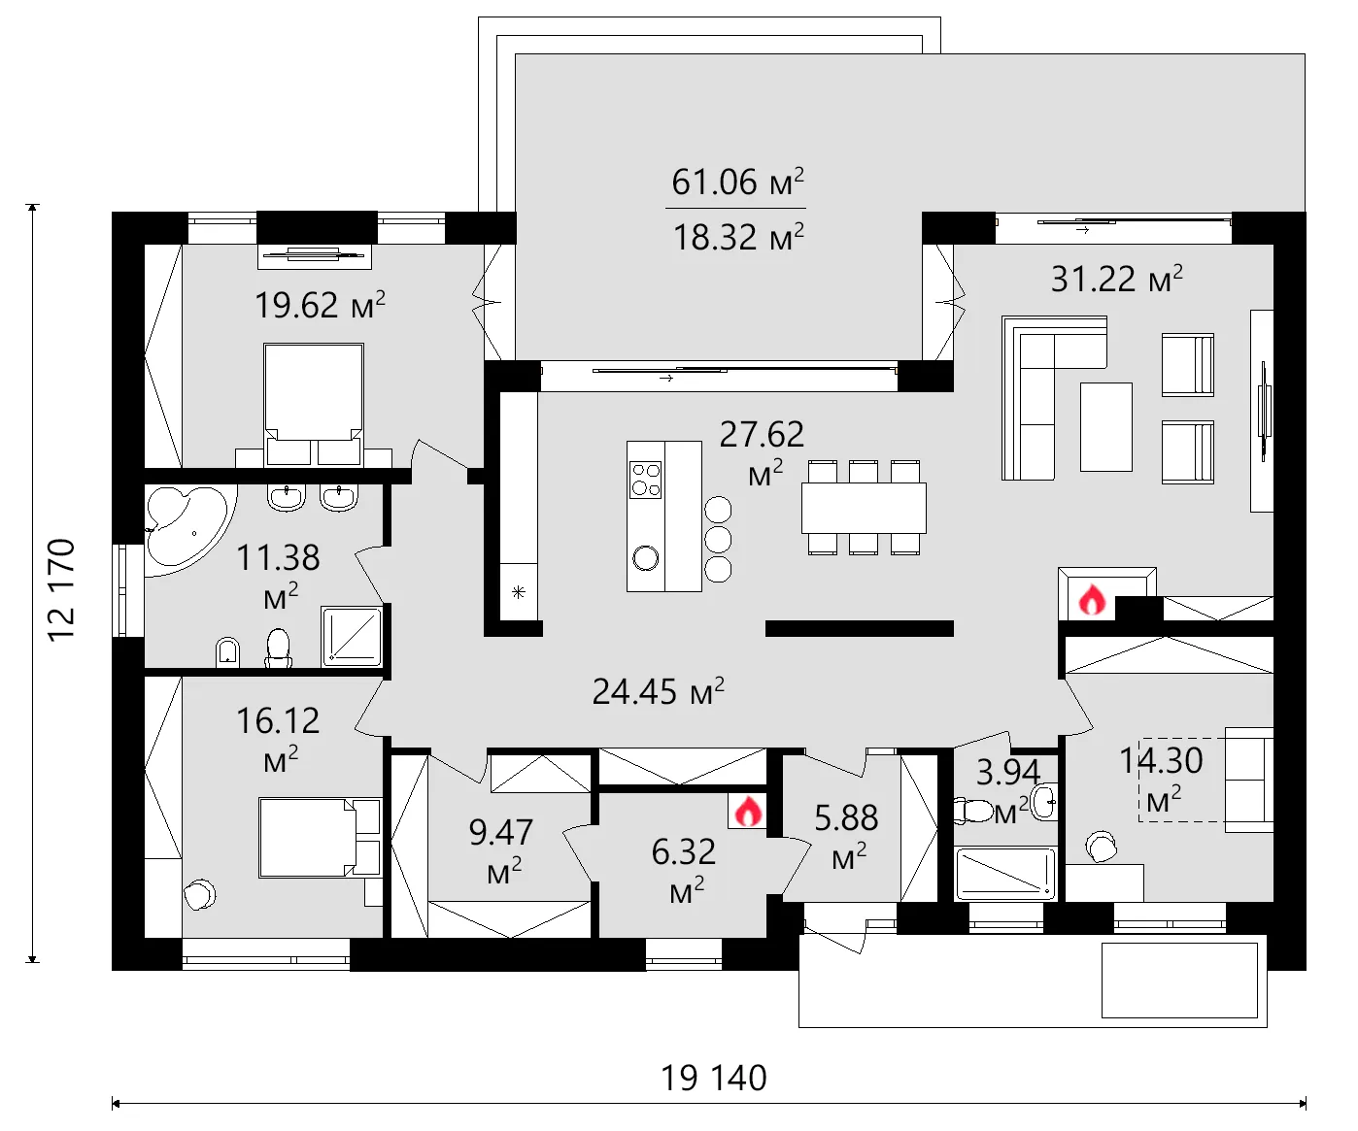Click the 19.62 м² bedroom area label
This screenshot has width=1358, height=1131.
pos(320,305)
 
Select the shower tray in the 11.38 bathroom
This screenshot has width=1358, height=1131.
pos(352,636)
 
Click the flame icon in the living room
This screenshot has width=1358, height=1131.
pos(1092,601)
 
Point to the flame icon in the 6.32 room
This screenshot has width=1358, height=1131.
pos(747,811)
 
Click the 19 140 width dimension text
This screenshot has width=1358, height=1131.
pos(714,1078)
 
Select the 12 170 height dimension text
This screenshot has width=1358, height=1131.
pos(61,588)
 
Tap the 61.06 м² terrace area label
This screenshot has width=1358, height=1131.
pos(737,182)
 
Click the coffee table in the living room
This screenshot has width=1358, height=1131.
pos(1105,426)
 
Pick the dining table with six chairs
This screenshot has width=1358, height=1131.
pos(864,507)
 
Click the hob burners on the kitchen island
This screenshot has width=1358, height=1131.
pos(646,480)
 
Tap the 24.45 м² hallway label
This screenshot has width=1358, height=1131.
pos(658,691)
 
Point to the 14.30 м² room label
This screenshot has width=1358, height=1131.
pos(1162,777)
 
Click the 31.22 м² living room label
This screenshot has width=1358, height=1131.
pos(1116,280)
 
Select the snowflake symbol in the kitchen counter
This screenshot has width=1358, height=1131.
pos(519,591)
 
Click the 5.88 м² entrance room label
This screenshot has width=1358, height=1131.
pos(846,834)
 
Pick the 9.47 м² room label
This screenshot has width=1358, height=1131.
pos(501,848)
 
